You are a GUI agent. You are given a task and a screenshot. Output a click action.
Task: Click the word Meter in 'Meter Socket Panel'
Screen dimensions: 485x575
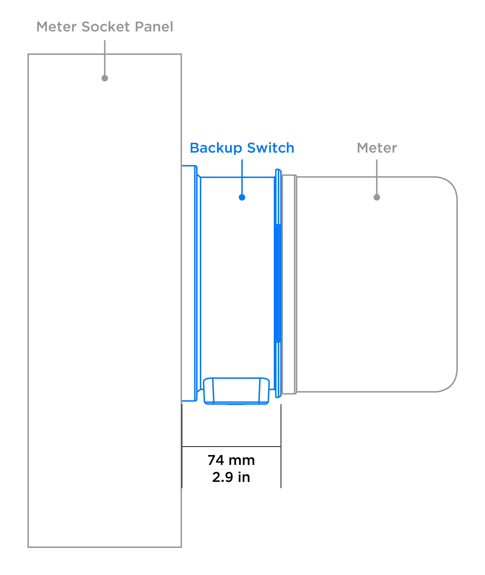56,27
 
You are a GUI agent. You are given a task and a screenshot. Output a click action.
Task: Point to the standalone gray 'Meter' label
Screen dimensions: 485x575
377,148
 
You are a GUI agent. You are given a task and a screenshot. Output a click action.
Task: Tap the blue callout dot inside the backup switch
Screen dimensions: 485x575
242,197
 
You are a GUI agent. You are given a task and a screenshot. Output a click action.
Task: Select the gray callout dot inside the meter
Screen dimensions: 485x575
377,197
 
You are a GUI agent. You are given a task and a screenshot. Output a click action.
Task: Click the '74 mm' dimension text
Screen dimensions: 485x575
231,460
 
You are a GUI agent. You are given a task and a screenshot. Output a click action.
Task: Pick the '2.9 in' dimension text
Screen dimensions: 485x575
231,477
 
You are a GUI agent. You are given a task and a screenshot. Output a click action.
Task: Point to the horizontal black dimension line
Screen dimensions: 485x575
231,447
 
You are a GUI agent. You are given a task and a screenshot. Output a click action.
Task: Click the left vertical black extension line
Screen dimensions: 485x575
182,446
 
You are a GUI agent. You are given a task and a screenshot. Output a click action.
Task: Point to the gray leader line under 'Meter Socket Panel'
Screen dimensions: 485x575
105,58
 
